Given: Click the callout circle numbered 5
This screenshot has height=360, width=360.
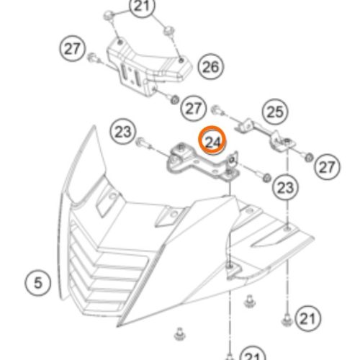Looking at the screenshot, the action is [x=38, y=282].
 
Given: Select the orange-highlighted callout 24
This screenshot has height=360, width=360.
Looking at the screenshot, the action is [x=212, y=140].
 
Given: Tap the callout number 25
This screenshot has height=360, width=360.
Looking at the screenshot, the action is [x=275, y=112].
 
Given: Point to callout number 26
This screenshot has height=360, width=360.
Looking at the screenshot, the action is [x=211, y=67].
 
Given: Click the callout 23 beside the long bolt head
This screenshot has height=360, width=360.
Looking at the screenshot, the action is [x=123, y=132].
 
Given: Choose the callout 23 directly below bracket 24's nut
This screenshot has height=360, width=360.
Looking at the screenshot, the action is [x=285, y=187].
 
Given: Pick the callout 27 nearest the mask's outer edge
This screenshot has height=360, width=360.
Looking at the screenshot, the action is [x=73, y=49].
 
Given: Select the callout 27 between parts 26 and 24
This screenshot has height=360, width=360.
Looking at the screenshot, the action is [x=193, y=109].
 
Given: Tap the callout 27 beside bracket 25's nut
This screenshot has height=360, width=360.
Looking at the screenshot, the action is [x=327, y=167].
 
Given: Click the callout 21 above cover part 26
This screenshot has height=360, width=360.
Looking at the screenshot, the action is [x=142, y=6].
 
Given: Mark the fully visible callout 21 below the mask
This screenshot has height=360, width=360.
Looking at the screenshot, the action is [x=308, y=319].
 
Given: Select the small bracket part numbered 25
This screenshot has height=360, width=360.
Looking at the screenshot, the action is [x=266, y=135].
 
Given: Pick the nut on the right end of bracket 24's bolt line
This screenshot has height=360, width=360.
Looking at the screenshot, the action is [x=266, y=178].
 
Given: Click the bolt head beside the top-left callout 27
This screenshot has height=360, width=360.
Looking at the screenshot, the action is [x=92, y=58].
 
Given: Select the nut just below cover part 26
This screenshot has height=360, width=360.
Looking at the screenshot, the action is [x=174, y=99].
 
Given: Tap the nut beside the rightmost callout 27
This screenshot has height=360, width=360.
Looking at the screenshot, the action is [x=308, y=158].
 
